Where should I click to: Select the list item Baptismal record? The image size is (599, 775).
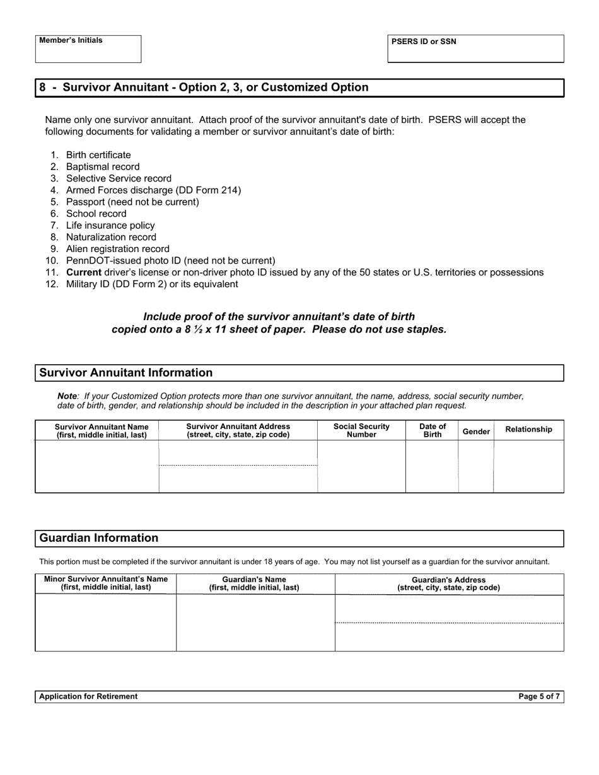(x=103, y=166)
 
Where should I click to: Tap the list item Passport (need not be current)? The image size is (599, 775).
(x=132, y=202)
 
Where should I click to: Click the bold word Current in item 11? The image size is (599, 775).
(x=84, y=272)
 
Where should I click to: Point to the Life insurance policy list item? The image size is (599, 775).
(x=110, y=225)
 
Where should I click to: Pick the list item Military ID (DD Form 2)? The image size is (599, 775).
(x=152, y=284)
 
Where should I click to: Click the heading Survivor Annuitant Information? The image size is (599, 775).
(x=126, y=372)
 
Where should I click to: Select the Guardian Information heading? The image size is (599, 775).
(x=99, y=538)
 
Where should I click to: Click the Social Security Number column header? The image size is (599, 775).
(x=361, y=430)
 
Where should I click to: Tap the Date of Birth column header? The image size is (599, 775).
(x=433, y=430)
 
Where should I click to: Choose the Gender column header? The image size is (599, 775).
(x=476, y=432)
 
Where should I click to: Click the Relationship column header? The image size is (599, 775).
(x=528, y=429)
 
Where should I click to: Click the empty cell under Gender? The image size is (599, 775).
(x=476, y=466)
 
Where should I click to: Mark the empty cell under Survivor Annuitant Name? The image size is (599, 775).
(x=97, y=466)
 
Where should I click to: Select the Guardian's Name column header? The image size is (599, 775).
(x=255, y=583)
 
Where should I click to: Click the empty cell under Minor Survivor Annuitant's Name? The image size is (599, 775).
(x=106, y=623)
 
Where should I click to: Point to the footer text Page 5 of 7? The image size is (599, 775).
(x=538, y=696)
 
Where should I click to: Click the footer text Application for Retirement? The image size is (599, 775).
(x=88, y=696)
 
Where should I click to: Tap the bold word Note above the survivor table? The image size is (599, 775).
(x=67, y=396)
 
